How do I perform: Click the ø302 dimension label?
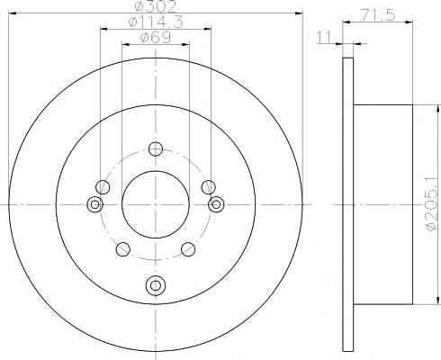155,6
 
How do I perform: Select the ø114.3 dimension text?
155,22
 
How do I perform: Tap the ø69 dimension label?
155,38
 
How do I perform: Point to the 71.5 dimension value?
378,15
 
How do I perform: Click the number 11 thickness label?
324,37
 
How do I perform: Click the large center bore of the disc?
156,204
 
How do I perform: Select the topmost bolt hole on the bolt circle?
156,148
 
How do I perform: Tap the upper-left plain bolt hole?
103,187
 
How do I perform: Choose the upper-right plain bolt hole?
208,187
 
